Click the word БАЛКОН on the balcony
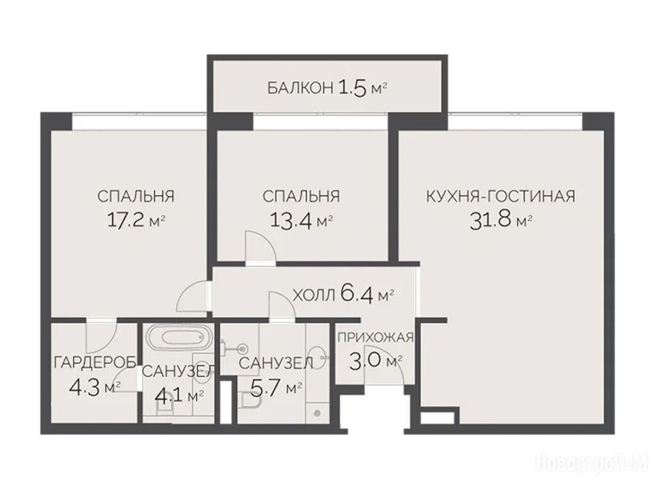300,88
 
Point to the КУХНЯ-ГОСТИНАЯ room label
500,196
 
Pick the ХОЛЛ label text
314,296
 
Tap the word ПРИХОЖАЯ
375,337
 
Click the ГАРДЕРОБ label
95,363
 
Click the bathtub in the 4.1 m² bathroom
178,337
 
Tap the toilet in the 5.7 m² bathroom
250,400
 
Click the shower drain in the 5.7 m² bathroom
317,413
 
